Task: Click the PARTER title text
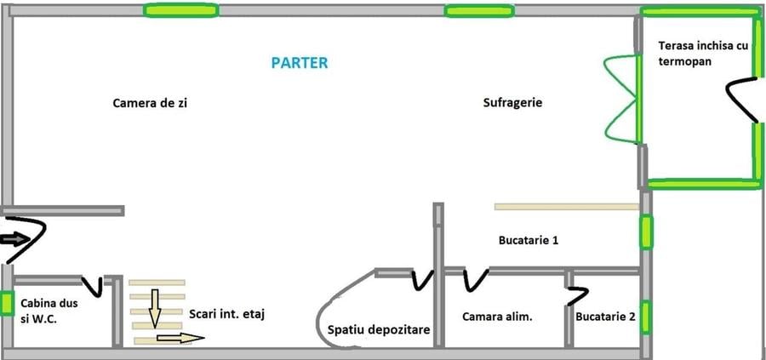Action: coord(299,63)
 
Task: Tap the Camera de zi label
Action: coord(150,103)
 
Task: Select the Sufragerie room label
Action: coord(512,103)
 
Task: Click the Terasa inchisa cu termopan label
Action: coord(702,54)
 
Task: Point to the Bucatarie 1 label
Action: coord(528,241)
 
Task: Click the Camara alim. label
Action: coord(497,317)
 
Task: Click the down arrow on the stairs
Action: coord(155,308)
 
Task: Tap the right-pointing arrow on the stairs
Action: coord(180,338)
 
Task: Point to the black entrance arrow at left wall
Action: coord(15,238)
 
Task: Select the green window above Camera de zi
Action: coord(180,11)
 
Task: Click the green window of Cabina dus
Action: coord(6,304)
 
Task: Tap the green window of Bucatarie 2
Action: coord(646,317)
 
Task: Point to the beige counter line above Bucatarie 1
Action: coord(566,206)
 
